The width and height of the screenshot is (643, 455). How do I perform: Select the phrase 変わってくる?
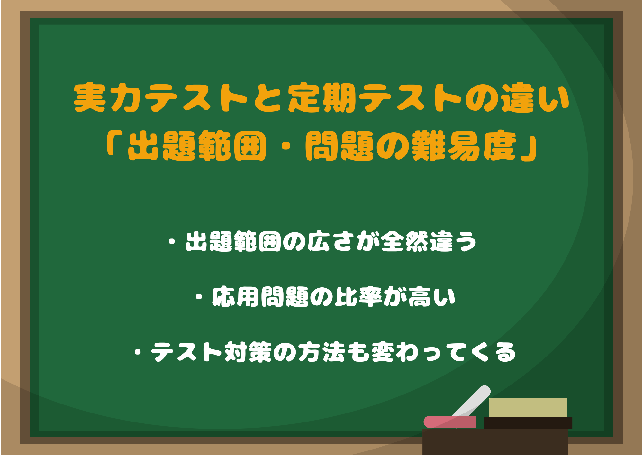[444, 352]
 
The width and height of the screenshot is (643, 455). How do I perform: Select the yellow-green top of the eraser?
[528, 407]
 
